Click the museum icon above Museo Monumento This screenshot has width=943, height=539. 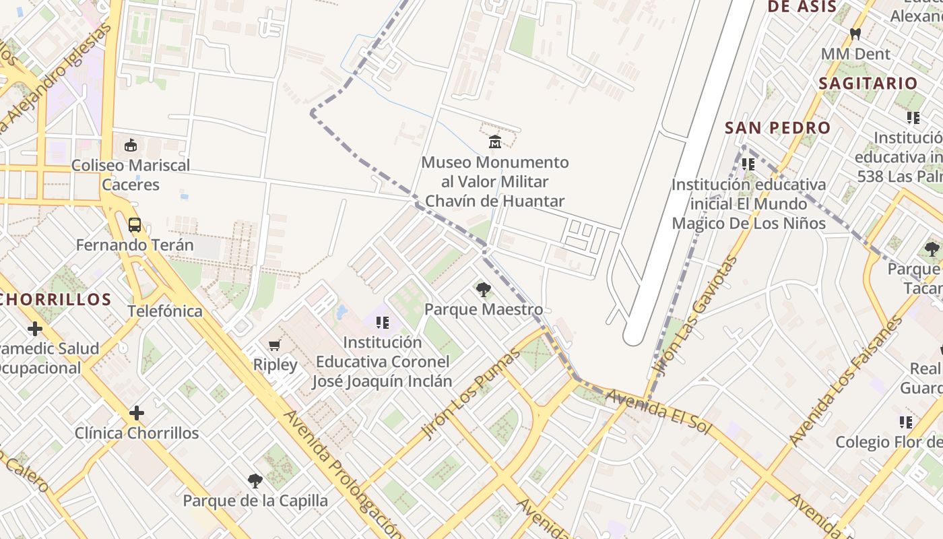(x=495, y=141)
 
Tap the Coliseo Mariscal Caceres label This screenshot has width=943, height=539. (x=131, y=175)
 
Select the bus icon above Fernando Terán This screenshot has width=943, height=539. (x=135, y=225)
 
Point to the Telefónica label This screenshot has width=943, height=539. (x=165, y=311)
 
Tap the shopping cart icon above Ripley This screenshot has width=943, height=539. (x=274, y=346)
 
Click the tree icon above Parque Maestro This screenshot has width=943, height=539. (x=483, y=290)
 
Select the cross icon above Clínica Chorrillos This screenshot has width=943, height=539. (x=137, y=412)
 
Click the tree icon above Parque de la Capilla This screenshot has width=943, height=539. (x=255, y=481)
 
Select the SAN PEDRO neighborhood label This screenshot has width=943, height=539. (x=777, y=128)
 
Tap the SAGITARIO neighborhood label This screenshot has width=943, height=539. (x=868, y=84)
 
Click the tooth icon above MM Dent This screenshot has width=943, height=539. (x=855, y=34)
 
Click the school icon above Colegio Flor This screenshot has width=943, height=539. (x=906, y=422)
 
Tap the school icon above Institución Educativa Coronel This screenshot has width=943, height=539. (x=383, y=323)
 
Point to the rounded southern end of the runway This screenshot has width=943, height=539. (x=634, y=337)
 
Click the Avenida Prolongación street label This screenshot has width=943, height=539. (x=344, y=472)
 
